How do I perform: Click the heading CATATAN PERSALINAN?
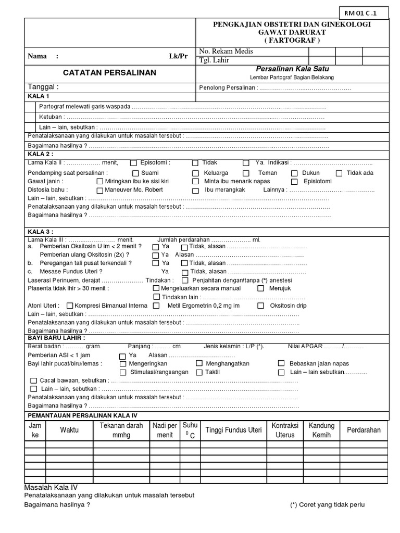109,72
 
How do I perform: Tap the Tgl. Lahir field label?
214,60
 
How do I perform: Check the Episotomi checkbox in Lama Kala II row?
134,163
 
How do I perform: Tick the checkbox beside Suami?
135,173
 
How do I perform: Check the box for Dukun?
294,173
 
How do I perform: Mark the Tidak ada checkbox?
339,173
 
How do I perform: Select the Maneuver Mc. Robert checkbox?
100,190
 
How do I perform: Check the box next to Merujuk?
261,288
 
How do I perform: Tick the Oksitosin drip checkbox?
261,306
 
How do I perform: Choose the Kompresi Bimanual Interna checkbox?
70,306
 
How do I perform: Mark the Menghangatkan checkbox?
199,363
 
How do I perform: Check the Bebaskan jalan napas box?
281,363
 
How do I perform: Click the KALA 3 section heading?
40,232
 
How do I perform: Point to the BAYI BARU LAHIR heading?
56,338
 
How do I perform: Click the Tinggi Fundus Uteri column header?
233,430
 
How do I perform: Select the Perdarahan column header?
364,430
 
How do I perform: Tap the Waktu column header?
69,430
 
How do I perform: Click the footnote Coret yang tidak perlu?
328,505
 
